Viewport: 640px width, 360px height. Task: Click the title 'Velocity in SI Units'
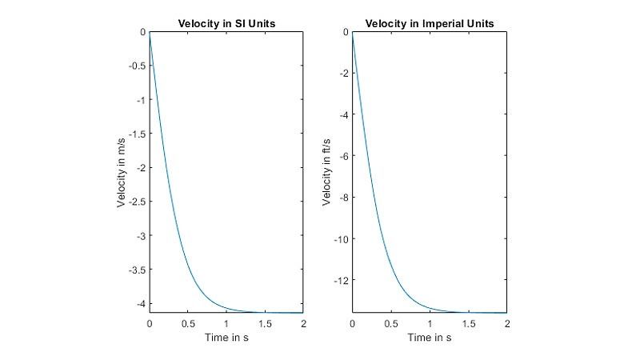click(226, 23)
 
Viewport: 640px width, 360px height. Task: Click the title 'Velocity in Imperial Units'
click(429, 23)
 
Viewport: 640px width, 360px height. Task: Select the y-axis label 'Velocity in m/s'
click(122, 172)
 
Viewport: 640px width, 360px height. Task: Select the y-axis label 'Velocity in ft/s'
click(326, 172)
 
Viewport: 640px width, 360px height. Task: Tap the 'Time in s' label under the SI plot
click(226, 338)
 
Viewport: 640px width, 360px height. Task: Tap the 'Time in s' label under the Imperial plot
click(429, 338)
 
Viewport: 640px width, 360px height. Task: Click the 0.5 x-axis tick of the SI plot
click(188, 324)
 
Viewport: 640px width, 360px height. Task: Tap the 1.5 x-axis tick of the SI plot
click(265, 324)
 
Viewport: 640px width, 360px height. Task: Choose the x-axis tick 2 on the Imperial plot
click(506, 324)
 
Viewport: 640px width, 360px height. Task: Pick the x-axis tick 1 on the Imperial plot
click(430, 324)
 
